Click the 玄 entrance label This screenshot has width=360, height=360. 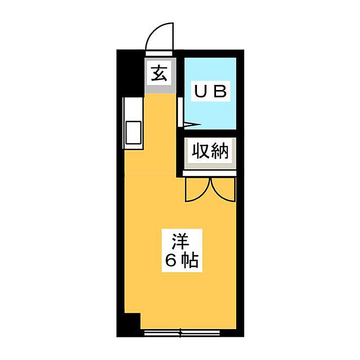[x=159, y=74]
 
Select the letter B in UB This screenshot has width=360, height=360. [x=220, y=92]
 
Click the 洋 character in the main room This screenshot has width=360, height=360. [x=179, y=241]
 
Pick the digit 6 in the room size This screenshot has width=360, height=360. [x=170, y=261]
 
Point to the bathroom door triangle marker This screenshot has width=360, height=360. [x=190, y=124]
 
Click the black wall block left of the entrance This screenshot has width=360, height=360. [x=132, y=72]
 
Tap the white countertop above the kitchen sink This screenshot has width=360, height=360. [x=131, y=109]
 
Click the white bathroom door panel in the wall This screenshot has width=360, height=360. [x=181, y=111]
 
